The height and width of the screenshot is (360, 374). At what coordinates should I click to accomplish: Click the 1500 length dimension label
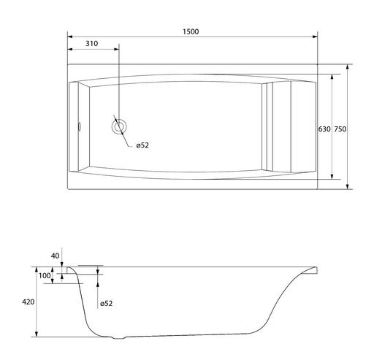191,31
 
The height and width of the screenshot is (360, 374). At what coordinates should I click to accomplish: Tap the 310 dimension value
92,44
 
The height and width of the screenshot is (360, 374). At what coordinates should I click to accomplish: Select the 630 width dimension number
324,129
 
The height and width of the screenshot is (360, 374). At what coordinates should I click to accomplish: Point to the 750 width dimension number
340,129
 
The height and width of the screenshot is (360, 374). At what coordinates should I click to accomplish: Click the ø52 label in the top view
142,145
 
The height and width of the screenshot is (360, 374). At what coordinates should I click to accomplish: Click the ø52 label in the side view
107,304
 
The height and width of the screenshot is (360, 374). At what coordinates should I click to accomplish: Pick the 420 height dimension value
28,302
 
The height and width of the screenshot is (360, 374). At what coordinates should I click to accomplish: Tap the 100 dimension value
45,276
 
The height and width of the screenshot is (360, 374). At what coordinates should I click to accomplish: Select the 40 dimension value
55,256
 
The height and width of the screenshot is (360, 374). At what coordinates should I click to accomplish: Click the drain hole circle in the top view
119,126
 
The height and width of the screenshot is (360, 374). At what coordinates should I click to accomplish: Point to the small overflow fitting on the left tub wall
79,127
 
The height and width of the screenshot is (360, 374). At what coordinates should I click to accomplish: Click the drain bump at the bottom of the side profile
118,338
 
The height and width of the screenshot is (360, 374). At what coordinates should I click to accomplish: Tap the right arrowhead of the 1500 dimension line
315,37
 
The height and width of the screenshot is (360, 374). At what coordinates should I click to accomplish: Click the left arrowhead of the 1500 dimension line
70,37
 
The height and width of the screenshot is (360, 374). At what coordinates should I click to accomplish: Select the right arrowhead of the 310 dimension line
116,49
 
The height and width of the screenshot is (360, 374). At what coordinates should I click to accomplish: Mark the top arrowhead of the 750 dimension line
348,67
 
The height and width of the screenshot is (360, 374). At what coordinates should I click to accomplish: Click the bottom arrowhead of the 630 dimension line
332,177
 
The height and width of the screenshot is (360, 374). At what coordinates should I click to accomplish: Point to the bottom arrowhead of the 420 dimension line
37,334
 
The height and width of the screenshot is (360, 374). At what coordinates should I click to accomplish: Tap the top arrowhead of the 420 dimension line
37,269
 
